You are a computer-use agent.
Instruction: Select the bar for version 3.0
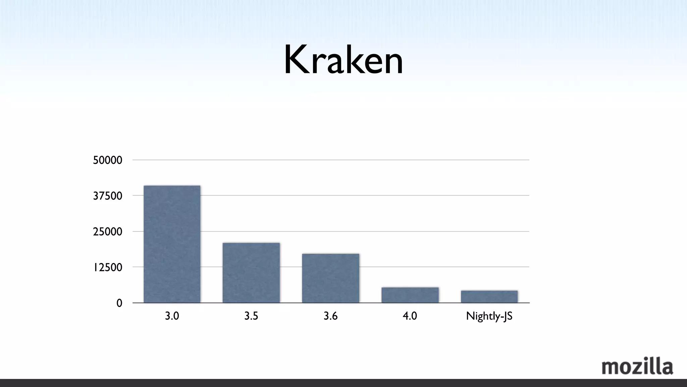(x=172, y=244)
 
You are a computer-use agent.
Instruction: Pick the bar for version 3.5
(x=251, y=273)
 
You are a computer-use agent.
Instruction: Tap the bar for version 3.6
(x=330, y=278)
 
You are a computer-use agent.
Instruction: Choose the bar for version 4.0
(x=410, y=295)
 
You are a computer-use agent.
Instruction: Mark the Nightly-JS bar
(x=489, y=297)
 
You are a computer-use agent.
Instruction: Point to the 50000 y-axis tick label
(x=107, y=160)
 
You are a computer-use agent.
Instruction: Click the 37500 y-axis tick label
(x=107, y=196)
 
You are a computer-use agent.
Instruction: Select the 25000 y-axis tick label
(x=107, y=232)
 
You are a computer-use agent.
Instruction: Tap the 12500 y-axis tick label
(x=107, y=267)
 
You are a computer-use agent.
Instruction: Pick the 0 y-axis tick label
(x=119, y=303)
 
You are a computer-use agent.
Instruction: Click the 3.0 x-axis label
(x=172, y=316)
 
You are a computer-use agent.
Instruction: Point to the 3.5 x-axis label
(x=251, y=316)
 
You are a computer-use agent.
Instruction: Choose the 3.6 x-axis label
(x=330, y=316)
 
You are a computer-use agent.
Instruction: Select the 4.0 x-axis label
(x=410, y=316)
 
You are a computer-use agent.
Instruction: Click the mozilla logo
(x=637, y=367)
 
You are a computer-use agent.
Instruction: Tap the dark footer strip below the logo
(x=343, y=383)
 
